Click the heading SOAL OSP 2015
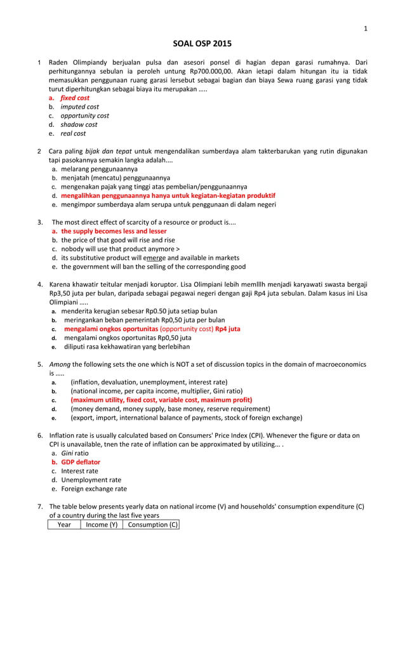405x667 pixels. point(202,44)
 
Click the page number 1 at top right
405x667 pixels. point(365,28)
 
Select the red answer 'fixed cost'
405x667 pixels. point(74,98)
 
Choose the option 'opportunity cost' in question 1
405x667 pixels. point(84,116)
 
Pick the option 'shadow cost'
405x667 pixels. point(79,124)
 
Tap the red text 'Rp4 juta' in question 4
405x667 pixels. point(228,329)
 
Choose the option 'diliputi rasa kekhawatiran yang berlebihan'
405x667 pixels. point(126,347)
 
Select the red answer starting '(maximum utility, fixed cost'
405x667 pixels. point(161,400)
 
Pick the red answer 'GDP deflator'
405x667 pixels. point(81,462)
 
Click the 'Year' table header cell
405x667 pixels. point(64,524)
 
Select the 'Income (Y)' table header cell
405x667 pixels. point(102,524)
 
